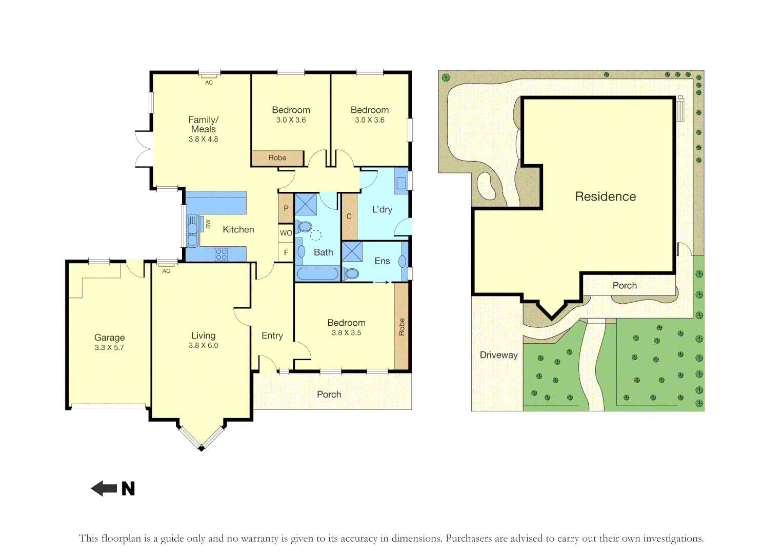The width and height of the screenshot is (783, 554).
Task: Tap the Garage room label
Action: pyautogui.click(x=109, y=338)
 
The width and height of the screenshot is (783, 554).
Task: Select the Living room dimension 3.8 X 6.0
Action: pyautogui.click(x=204, y=346)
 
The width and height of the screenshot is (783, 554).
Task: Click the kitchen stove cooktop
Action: pyautogui.click(x=222, y=254)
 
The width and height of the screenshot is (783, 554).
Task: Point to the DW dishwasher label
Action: pyautogui.click(x=208, y=224)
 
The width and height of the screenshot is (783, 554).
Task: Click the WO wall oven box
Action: pyautogui.click(x=286, y=233)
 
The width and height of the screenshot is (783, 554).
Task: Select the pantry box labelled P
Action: pyautogui.click(x=286, y=208)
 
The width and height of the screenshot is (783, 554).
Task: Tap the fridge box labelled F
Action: pyautogui.click(x=286, y=252)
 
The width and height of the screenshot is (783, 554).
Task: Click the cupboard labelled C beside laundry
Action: pyautogui.click(x=349, y=216)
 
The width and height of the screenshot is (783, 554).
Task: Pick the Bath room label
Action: pyautogui.click(x=324, y=252)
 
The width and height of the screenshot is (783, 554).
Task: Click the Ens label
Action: pyautogui.click(x=382, y=261)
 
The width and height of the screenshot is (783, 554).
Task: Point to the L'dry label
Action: pyautogui.click(x=382, y=209)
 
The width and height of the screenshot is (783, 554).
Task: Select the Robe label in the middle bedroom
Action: pyautogui.click(x=277, y=158)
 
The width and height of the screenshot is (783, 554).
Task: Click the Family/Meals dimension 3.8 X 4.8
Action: pyautogui.click(x=204, y=139)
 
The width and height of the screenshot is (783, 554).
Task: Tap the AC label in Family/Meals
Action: pyautogui.click(x=209, y=83)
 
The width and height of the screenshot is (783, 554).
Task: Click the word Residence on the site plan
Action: pyautogui.click(x=606, y=196)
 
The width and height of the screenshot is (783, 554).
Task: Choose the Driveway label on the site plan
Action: pyautogui.click(x=498, y=355)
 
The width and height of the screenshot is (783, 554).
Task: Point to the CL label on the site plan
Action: pyautogui.click(x=681, y=97)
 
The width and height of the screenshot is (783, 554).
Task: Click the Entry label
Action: pyautogui.click(x=272, y=336)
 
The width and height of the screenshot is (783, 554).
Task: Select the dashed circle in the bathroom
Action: pyautogui.click(x=316, y=235)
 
